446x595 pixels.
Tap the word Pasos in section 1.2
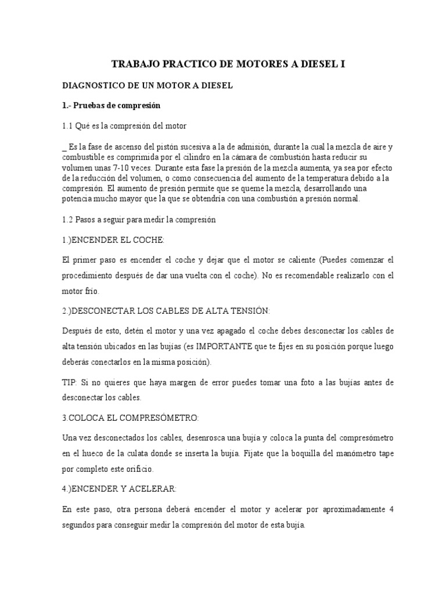pos(88,220)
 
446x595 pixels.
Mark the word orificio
pos(135,468)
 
